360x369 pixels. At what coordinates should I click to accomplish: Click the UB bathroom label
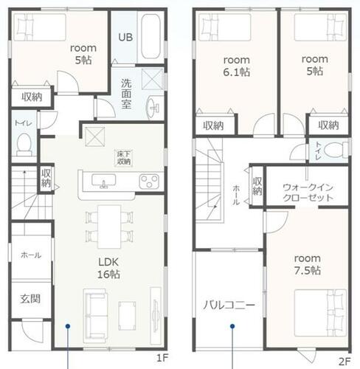125,37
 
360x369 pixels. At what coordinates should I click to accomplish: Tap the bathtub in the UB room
150,36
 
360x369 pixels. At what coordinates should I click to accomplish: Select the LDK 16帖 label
108,268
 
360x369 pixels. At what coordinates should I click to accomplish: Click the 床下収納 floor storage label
124,158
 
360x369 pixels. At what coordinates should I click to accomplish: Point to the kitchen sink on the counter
104,181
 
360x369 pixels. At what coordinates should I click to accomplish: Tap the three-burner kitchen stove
149,182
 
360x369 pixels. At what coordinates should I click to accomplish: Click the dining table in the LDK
109,227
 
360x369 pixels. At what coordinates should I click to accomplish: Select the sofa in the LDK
95,316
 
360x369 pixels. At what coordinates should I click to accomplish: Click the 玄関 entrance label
30,299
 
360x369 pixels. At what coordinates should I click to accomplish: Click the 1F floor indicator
162,358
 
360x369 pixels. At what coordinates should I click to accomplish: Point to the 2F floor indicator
345,361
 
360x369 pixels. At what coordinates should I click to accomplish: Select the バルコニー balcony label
229,306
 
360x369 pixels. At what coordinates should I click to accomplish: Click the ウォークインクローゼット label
308,193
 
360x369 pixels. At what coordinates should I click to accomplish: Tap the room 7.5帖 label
308,264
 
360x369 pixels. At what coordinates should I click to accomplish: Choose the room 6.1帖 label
237,66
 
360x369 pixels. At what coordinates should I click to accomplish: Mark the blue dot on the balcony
232,326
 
